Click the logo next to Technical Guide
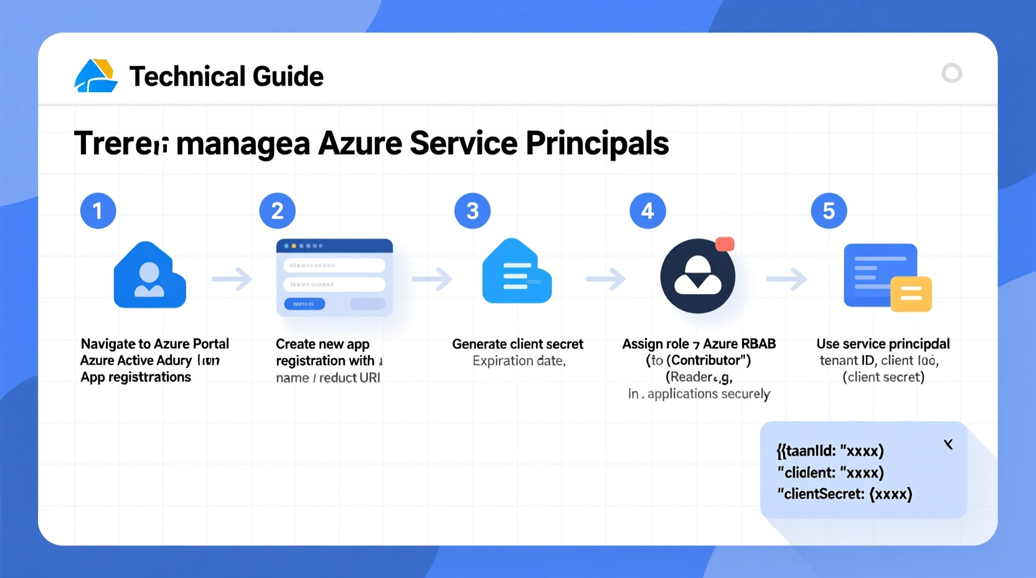pos(95,76)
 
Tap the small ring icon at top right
pos(951,73)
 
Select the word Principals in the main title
pos(597,143)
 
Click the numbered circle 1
pos(98,211)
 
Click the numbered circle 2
pos(277,211)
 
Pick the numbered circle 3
pos(473,211)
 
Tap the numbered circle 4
pos(647,211)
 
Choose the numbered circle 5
pos(829,211)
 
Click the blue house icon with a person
pos(149,275)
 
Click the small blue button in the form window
pos(304,304)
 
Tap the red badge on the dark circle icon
pos(725,244)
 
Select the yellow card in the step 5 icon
pos(911,294)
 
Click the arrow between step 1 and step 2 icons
pos(232,279)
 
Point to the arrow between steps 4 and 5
pos(786,279)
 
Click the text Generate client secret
pos(517,344)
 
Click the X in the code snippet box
pos(948,444)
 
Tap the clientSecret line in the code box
pos(845,494)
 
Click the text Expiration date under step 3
pos(519,361)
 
